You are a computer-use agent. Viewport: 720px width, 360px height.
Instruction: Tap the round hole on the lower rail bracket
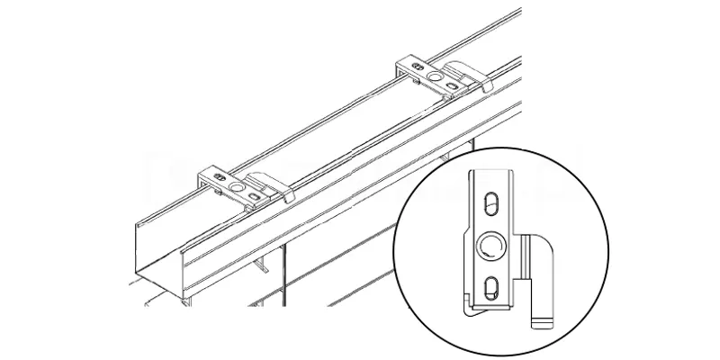pyautogui.click(x=238, y=187)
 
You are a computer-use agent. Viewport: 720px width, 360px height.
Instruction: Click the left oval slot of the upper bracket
pyautogui.click(x=415, y=66)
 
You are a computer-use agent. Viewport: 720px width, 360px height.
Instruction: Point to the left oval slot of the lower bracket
pyautogui.click(x=217, y=174)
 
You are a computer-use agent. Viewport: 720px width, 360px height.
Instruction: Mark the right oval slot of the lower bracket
pyautogui.click(x=256, y=194)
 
